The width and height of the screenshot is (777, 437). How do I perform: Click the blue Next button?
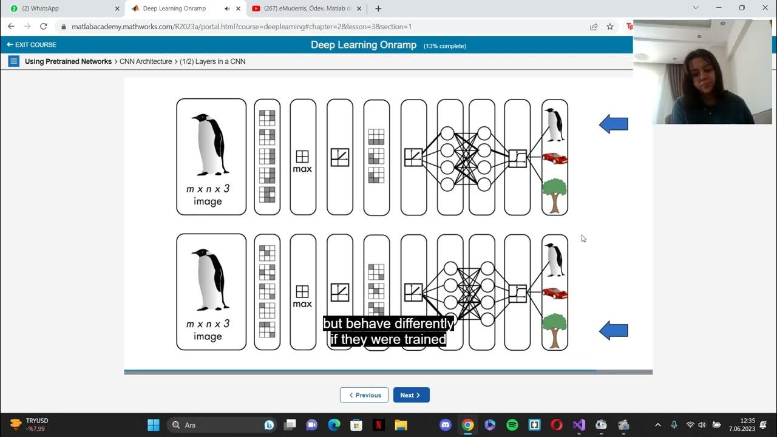(411, 395)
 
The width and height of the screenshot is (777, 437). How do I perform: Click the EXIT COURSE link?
(32, 45)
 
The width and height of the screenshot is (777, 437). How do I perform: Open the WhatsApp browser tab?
(61, 8)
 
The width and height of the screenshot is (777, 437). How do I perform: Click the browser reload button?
(44, 27)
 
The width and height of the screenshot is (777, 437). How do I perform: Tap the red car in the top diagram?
(554, 158)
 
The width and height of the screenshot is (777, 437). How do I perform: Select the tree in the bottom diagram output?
(554, 330)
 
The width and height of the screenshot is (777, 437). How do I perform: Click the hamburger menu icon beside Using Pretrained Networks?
(14, 61)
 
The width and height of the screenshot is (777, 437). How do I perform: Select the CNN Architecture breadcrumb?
(145, 61)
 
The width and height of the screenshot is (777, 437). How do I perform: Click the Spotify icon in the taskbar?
(512, 425)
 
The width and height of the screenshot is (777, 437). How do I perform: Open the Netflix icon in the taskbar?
(378, 425)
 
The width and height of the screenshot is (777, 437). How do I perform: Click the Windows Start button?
(154, 425)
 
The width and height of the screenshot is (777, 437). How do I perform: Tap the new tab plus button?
(378, 8)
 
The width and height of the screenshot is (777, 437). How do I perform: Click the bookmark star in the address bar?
(610, 27)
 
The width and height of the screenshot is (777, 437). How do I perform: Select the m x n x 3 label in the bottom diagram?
(208, 324)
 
